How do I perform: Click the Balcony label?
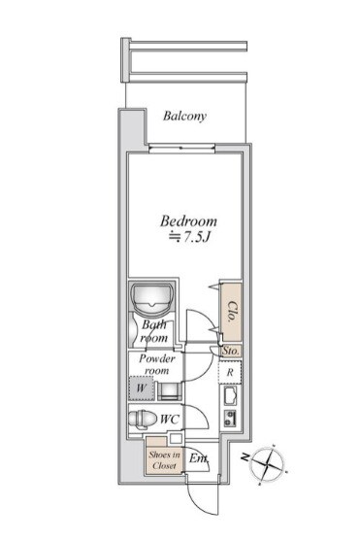pyautogui.click(x=184, y=116)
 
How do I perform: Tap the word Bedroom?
pyautogui.click(x=188, y=221)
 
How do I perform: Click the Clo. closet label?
pyautogui.click(x=233, y=312)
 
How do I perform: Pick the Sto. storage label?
pyautogui.click(x=231, y=351)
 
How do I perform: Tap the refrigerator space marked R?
pyautogui.click(x=230, y=372)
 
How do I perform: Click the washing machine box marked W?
pyautogui.click(x=142, y=388)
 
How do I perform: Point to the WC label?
pyautogui.click(x=170, y=420)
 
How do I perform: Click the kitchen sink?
pyautogui.click(x=230, y=396)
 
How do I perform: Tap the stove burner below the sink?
pyautogui.click(x=230, y=418)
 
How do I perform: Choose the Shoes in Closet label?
pyautogui.click(x=165, y=460)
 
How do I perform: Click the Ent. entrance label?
pyautogui.click(x=199, y=458)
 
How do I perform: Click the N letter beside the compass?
pyautogui.click(x=245, y=457)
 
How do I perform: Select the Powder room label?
pyautogui.click(x=157, y=364)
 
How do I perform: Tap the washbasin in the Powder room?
pyautogui.click(x=170, y=390)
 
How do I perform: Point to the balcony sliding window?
pyautogui.click(x=182, y=149)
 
